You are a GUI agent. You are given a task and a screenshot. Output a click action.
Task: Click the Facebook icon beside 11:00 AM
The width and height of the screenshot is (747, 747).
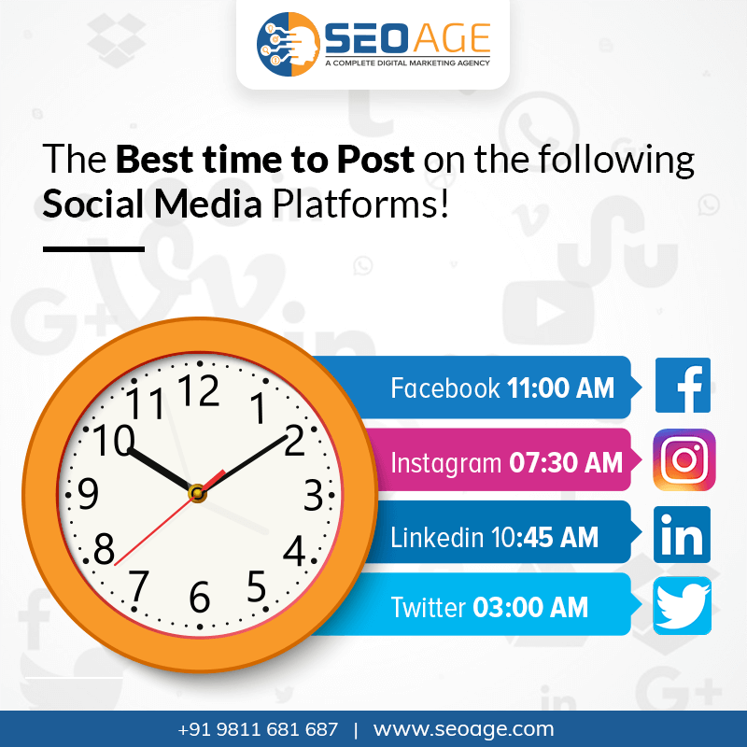pyautogui.click(x=683, y=385)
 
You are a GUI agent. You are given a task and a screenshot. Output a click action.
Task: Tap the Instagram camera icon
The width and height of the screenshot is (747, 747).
pyautogui.click(x=684, y=459)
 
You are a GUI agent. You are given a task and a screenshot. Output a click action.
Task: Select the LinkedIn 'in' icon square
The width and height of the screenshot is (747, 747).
pyautogui.click(x=682, y=534)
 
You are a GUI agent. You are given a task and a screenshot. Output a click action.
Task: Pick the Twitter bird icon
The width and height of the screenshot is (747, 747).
pyautogui.click(x=682, y=605)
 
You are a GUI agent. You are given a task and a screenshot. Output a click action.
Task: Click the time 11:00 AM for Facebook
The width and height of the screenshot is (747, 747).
pyautogui.click(x=560, y=388)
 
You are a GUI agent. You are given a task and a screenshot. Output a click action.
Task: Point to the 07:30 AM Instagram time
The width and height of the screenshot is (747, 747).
pyautogui.click(x=566, y=462)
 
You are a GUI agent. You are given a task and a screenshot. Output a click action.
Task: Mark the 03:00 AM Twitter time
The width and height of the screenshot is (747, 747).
pyautogui.click(x=530, y=608)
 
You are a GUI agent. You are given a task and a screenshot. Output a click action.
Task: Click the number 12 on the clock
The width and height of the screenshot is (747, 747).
pyautogui.click(x=199, y=390)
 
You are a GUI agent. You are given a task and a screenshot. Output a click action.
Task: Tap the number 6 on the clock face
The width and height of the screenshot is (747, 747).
pyautogui.click(x=200, y=596)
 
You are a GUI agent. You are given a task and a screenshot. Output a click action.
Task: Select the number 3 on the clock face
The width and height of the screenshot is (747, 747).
pyautogui.click(x=314, y=496)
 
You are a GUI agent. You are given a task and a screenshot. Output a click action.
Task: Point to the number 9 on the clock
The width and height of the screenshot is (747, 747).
pyautogui.click(x=88, y=493)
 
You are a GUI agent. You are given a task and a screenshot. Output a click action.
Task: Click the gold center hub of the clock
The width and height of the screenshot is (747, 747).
pyautogui.click(x=197, y=493)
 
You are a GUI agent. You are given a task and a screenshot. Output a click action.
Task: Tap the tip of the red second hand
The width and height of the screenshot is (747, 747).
pyautogui.click(x=115, y=565)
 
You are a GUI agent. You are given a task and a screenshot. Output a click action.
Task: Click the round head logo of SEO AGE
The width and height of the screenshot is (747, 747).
pyautogui.click(x=289, y=44)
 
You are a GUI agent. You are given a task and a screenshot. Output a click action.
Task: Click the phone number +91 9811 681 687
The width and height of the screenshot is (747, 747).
pyautogui.click(x=258, y=729)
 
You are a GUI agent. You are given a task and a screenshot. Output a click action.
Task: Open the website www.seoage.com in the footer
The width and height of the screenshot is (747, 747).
pyautogui.click(x=463, y=729)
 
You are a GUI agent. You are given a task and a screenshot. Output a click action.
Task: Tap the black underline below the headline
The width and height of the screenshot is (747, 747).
pyautogui.click(x=93, y=248)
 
